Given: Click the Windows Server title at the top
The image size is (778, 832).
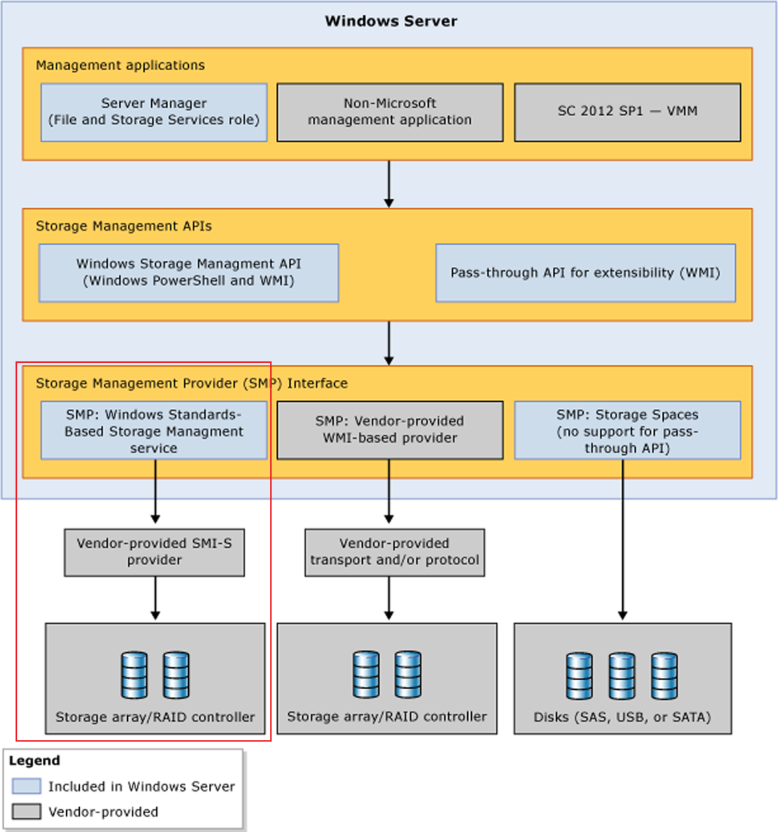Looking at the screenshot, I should pyautogui.click(x=391, y=21).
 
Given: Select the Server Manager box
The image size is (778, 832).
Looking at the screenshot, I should pyautogui.click(x=154, y=112).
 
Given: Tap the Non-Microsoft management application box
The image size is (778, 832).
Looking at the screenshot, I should pyautogui.click(x=389, y=112).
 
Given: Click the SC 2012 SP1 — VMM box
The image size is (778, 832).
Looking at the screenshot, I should pyautogui.click(x=627, y=112).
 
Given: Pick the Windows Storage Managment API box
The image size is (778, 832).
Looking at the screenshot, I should pyautogui.click(x=188, y=273).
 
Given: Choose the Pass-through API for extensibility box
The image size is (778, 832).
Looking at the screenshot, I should pyautogui.click(x=585, y=273).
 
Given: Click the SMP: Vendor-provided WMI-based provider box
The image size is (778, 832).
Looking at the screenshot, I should pyautogui.click(x=389, y=430).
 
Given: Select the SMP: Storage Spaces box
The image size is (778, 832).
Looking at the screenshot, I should pyautogui.click(x=627, y=430).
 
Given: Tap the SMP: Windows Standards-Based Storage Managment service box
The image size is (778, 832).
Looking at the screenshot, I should pyautogui.click(x=154, y=430).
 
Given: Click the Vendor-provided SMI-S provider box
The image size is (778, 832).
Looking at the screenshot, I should pyautogui.click(x=154, y=552).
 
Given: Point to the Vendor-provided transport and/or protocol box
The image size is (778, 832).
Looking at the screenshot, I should pyautogui.click(x=395, y=552).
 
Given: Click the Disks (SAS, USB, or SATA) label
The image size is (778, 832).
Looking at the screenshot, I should pyautogui.click(x=622, y=717).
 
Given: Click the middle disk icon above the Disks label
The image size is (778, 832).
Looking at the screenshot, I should pyautogui.click(x=622, y=676).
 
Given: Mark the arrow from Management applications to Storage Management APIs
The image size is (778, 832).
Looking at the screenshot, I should pyautogui.click(x=389, y=184).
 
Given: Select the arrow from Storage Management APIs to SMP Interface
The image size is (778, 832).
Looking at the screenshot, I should pyautogui.click(x=389, y=343).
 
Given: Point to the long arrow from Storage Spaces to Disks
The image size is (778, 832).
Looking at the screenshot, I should pyautogui.click(x=622, y=539).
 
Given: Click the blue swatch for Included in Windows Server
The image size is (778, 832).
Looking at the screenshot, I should pyautogui.click(x=27, y=786).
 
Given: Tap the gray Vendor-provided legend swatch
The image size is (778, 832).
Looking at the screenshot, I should pyautogui.click(x=27, y=811).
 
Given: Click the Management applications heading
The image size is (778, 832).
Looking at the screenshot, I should pyautogui.click(x=120, y=65).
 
